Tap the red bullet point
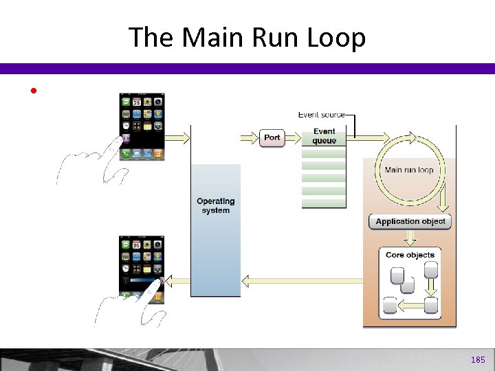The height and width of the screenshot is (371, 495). click(32, 91)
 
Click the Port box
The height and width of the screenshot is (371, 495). click(272, 137)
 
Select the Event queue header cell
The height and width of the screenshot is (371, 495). click(324, 136)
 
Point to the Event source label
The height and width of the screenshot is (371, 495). click(321, 115)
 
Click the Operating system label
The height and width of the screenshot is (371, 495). click(215, 205)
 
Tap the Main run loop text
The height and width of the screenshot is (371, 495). click(409, 170)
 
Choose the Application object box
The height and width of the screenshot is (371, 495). click(410, 221)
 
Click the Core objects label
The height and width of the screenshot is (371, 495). click(410, 255)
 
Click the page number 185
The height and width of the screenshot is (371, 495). click(478, 360)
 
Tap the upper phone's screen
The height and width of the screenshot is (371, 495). click(142, 123)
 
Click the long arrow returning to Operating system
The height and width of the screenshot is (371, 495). click(302, 280)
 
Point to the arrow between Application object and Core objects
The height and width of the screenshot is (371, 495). click(410, 238)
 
